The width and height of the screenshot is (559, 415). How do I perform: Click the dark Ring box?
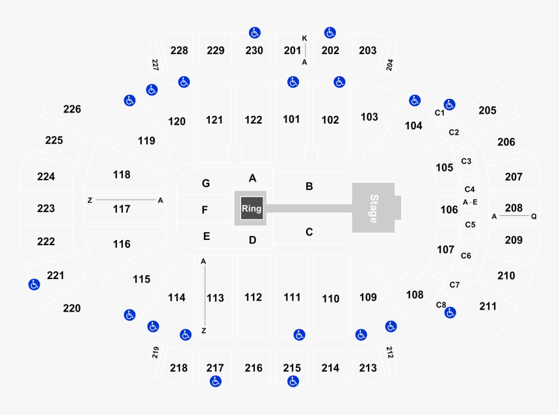coord(252,208)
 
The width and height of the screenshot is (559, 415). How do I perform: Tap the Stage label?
coord(373,209)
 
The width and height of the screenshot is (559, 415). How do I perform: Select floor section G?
coord(205,183)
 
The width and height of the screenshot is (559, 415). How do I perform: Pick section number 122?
coord(253,120)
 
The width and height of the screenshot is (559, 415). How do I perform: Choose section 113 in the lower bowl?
coord(215,298)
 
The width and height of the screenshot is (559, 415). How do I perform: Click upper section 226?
coord(72,109)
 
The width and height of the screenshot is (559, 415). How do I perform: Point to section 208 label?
coord(513,207)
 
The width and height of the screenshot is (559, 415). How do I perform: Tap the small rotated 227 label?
coord(155,64)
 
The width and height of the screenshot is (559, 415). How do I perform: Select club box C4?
coord(469,189)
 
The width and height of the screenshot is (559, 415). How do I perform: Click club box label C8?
coord(441,304)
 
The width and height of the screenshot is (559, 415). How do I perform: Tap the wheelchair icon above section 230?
coord(255,33)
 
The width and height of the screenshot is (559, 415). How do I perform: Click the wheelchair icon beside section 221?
coord(34,284)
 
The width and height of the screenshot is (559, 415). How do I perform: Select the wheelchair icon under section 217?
coord(215,381)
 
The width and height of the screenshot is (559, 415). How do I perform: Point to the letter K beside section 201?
coord(304,38)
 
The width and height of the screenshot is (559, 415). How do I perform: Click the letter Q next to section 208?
coord(534,216)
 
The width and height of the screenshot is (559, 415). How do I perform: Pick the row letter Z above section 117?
coord(90,200)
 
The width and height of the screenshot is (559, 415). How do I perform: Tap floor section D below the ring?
coord(252,240)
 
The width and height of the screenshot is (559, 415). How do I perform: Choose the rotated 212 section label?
coord(389,352)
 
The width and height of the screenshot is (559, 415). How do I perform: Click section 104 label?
coord(413,126)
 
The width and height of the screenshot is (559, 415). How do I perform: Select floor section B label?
coord(309,186)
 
